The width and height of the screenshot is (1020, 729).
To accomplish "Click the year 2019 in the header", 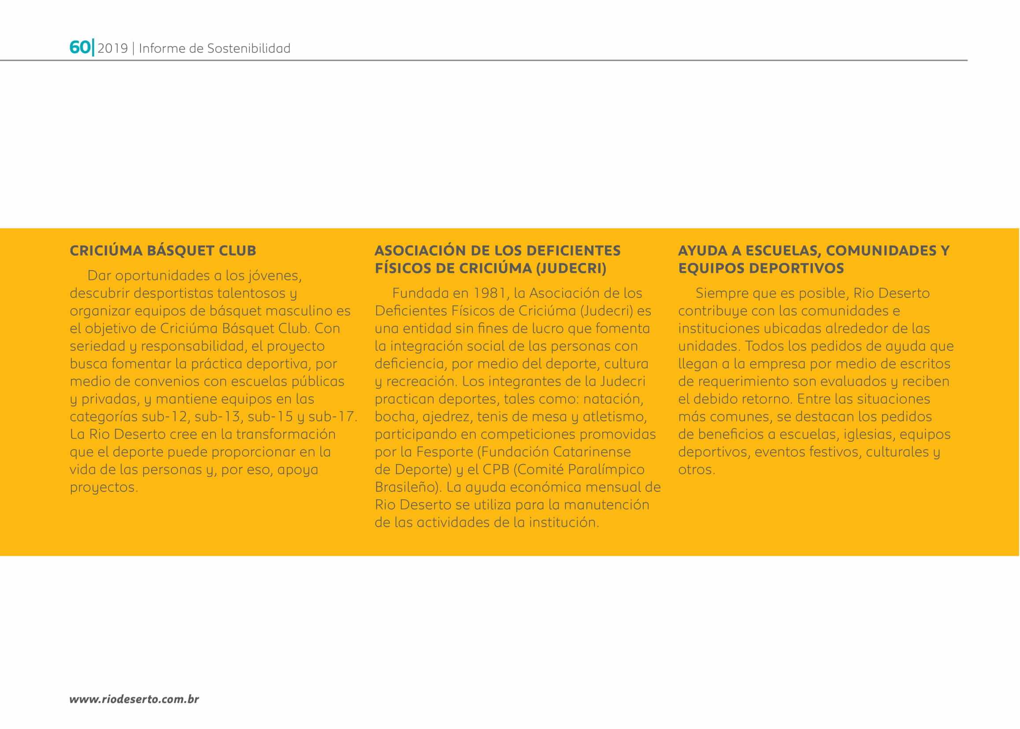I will pos(113,48).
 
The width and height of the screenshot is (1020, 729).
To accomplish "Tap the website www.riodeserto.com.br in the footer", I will pos(134,699).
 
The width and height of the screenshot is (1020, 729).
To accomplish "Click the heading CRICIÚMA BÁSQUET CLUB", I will pos(163,250).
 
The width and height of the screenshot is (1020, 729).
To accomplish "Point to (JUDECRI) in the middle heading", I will pos(571,268).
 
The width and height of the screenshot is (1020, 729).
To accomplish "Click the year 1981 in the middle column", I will pos(487,293).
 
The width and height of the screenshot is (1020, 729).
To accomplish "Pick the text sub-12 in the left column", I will pos(164,417).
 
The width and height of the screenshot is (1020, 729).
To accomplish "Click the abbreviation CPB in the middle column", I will pos(496,469).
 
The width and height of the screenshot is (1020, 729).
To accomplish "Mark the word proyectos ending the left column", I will pos(103,487).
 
